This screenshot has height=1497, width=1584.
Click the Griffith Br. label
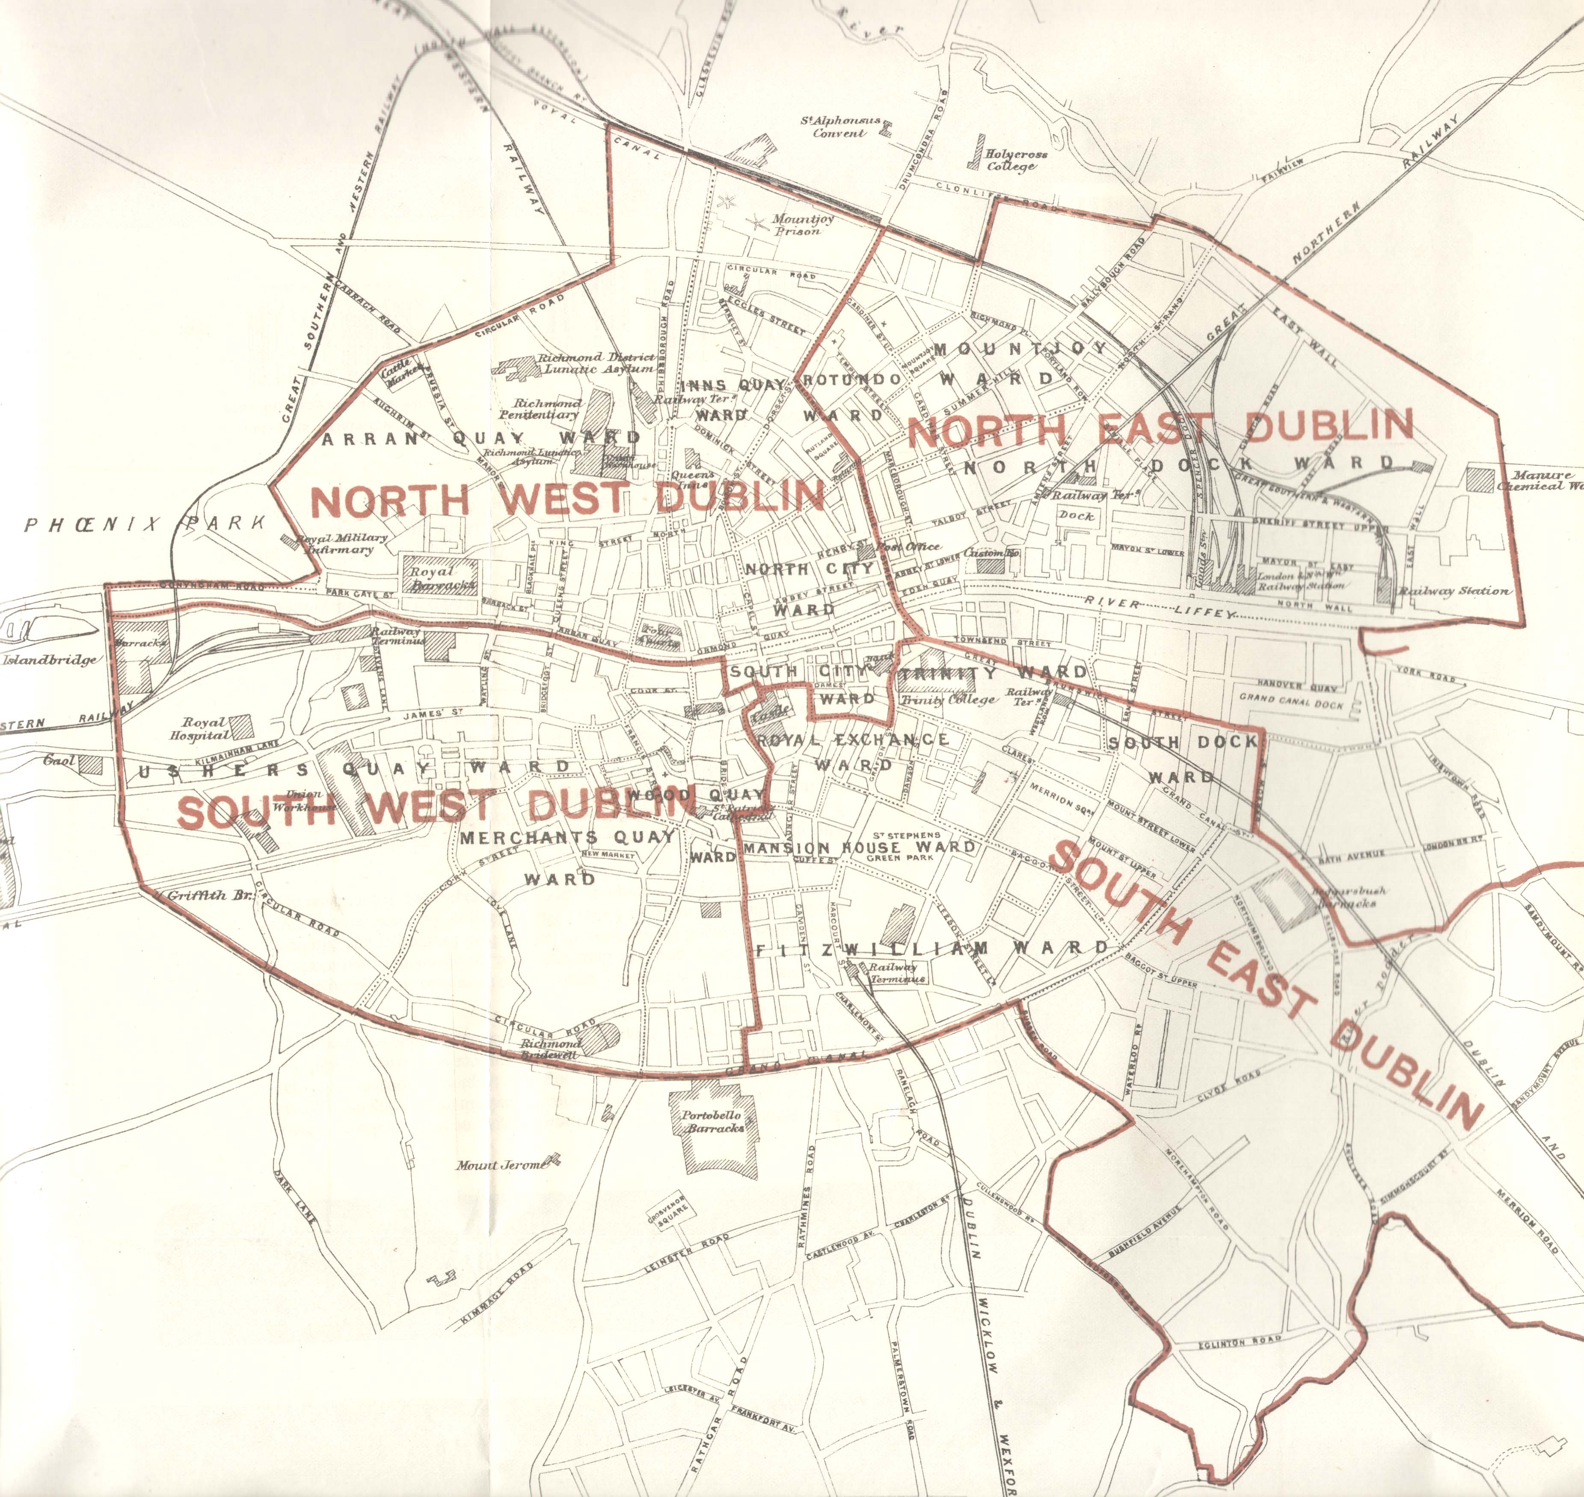tap(209, 895)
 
